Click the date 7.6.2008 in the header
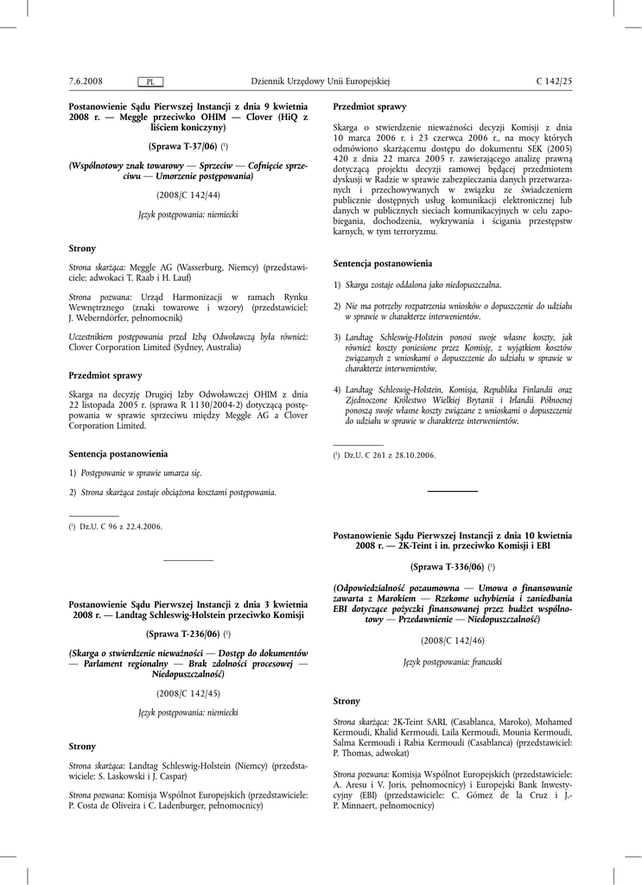86,81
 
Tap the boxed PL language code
150,82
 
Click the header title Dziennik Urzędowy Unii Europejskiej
321,81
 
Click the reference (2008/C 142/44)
188,194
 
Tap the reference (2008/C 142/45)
188,693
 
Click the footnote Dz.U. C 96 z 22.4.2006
120,525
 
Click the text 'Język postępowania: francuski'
453,661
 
